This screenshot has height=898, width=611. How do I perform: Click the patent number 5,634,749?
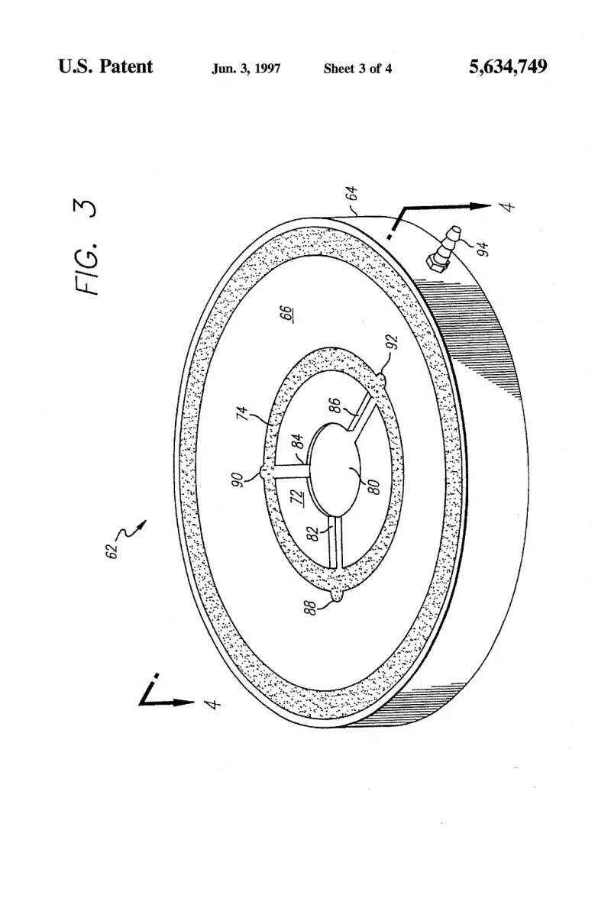507,67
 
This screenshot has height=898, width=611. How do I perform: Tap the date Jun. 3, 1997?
246,69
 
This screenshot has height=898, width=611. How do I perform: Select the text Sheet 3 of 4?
357,69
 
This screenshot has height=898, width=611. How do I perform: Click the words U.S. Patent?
105,66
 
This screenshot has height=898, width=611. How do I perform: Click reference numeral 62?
112,551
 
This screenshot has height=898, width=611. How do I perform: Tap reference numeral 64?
353,193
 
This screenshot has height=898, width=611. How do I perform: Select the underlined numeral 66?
287,315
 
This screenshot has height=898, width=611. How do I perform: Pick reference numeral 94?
484,249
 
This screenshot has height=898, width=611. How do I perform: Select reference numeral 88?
310,607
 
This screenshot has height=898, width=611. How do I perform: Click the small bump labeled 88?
337,596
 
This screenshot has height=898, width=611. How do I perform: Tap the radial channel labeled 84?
292,469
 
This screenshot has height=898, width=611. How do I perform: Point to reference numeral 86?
337,405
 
